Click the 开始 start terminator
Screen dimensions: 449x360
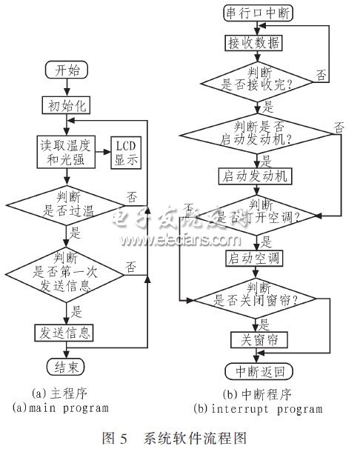(67, 72)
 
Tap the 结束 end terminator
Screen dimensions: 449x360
(67, 366)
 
